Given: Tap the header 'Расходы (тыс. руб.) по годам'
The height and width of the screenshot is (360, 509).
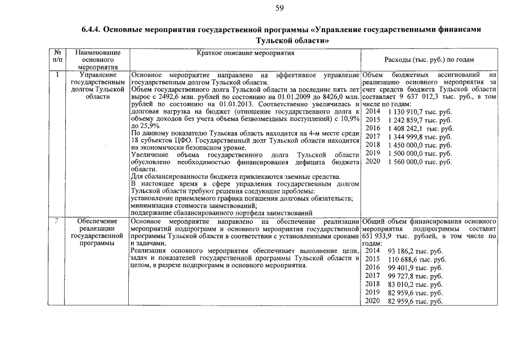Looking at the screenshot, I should (429, 59).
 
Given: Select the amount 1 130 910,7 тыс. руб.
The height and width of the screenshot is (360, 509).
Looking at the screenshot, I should (420, 111).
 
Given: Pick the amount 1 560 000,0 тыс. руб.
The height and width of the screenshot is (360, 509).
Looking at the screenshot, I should (420, 161).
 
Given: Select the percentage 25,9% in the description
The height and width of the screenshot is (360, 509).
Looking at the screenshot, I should (150, 126).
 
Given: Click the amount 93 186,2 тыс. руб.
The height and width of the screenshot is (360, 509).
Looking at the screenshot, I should (415, 251).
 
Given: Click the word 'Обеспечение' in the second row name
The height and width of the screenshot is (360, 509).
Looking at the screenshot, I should (98, 222).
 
